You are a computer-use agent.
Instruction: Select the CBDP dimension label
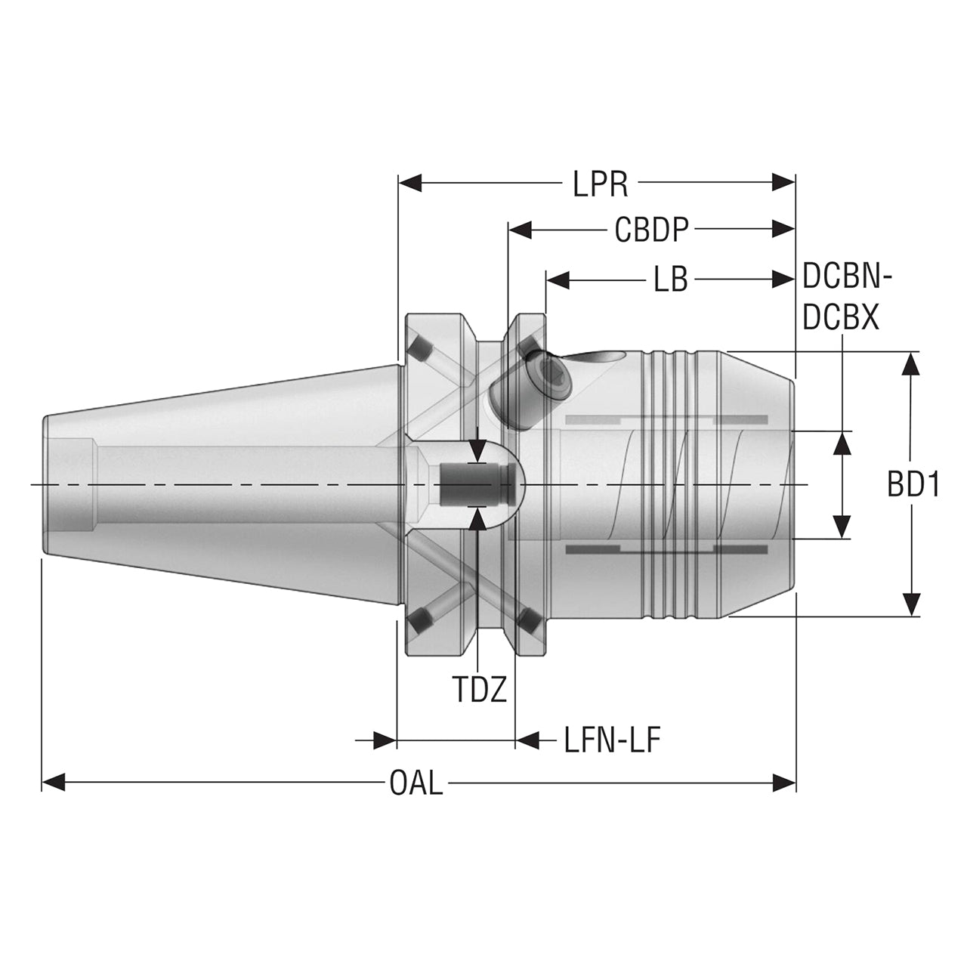pyautogui.click(x=652, y=230)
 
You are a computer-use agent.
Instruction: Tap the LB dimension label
pyautogui.click(x=670, y=280)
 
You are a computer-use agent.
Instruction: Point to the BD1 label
pyautogui.click(x=913, y=485)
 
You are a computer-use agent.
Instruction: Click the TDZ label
pyautogui.click(x=480, y=690)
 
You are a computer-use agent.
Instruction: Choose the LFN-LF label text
pyautogui.click(x=612, y=740)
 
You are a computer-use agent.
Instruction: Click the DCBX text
pyautogui.click(x=841, y=318)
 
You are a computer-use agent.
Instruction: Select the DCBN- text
pyautogui.click(x=847, y=277)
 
